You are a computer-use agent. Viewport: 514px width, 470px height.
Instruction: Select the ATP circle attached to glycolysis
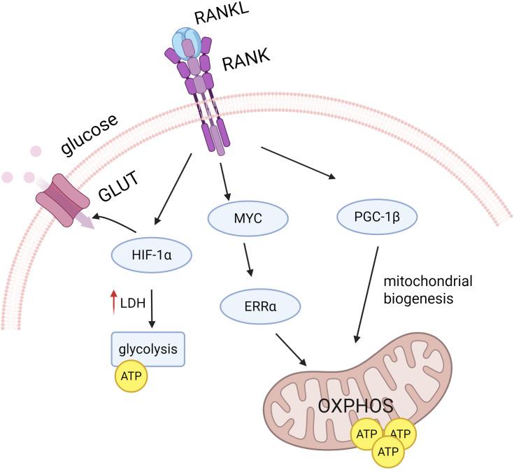131,374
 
